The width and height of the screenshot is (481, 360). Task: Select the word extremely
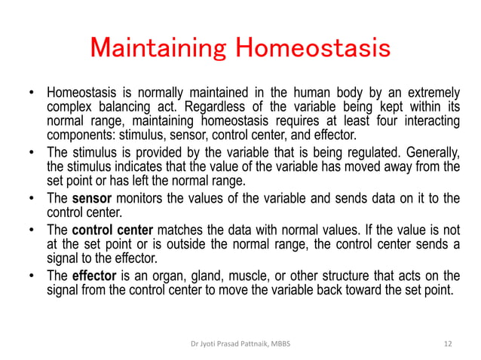click(x=429, y=93)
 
